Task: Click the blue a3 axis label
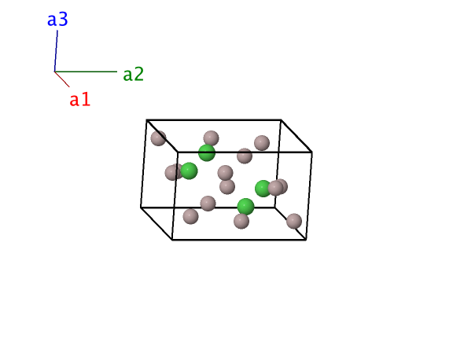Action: pos(57,20)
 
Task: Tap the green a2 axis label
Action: pos(133,74)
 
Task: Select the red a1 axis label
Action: pos(80,99)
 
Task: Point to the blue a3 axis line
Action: pos(56,51)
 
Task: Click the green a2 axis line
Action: pos(86,72)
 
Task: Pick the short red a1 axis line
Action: pos(62,79)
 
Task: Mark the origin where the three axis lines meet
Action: pos(54,72)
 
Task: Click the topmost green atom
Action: pos(207,153)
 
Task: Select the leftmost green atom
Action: pos(189,171)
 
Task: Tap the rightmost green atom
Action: pos(263,189)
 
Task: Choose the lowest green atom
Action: pos(245,207)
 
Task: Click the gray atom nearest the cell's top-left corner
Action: pos(158,138)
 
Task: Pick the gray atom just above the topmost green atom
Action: pos(211,138)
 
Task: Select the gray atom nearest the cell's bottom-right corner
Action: pos(294,221)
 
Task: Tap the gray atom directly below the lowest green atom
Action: pos(241,221)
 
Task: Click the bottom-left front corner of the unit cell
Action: pos(172,240)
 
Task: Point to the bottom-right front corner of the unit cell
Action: pos(306,240)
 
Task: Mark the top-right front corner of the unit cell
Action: pos(312,152)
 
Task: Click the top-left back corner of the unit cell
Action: pos(146,119)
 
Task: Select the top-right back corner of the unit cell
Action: pos(281,119)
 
